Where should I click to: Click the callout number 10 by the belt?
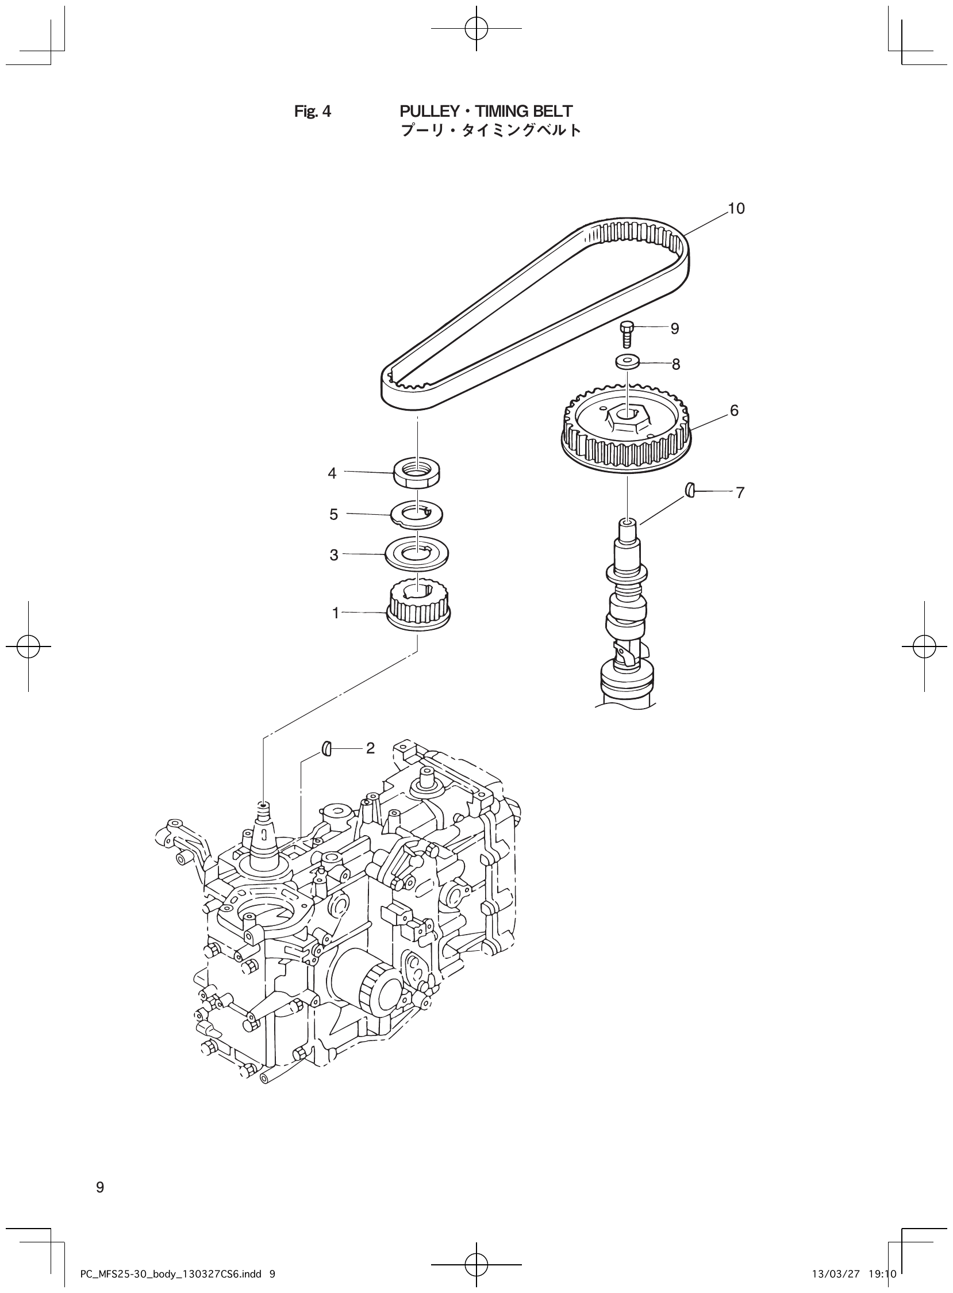[736, 209]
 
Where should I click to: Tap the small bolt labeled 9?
[627, 335]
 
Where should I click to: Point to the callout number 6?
[734, 411]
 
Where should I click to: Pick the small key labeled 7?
[690, 491]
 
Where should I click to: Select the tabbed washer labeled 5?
[417, 513]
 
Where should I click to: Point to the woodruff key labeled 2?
[326, 749]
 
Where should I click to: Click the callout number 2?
[370, 748]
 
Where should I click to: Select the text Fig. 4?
[313, 112]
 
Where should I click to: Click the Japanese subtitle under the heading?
[490, 131]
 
